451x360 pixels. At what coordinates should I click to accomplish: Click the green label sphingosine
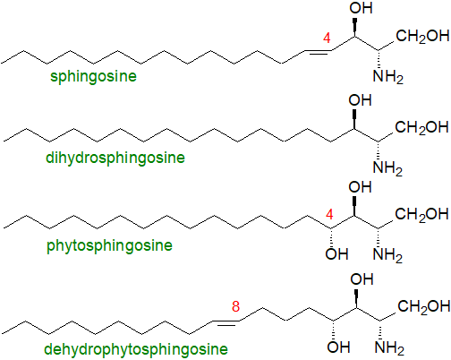point(93,76)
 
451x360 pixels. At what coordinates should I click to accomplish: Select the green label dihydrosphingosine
point(115,158)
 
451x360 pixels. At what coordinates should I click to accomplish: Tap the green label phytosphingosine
point(109,246)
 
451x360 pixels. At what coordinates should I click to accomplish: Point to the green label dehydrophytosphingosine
point(136,349)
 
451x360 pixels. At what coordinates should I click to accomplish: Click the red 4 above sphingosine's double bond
point(327,39)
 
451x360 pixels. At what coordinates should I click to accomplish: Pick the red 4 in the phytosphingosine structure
point(329,215)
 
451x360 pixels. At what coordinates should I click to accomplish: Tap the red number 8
point(235,306)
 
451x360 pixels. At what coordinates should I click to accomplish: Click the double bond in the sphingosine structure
point(319,52)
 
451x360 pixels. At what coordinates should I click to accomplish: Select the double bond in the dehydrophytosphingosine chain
point(225,322)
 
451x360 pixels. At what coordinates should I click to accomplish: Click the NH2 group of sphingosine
point(388,77)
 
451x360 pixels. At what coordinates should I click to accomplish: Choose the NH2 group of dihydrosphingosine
point(387,168)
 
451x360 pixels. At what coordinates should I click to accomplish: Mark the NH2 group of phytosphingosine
point(387,255)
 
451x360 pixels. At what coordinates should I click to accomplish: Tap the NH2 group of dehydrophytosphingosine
point(389,348)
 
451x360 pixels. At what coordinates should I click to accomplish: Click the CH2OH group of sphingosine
point(422,36)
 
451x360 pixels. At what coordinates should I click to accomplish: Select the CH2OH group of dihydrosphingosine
point(421,127)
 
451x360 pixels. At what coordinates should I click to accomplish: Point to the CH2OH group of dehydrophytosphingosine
point(424,306)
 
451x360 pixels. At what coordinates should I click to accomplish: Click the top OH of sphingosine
point(361,8)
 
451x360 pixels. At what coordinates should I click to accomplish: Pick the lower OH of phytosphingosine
point(336,254)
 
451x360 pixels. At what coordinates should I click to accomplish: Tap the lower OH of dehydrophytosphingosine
point(338,347)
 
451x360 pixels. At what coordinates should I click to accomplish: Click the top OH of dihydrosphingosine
point(360,100)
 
